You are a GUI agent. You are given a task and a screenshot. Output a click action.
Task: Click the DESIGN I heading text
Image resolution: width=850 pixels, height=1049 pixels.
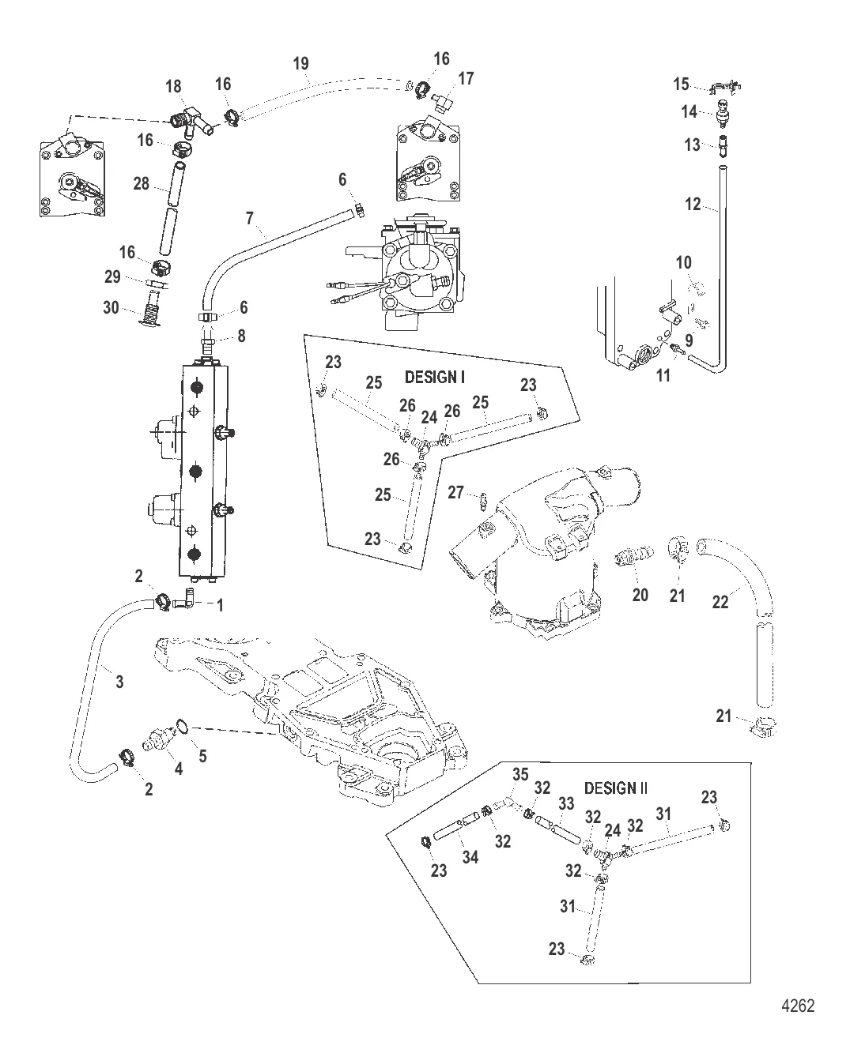(x=434, y=377)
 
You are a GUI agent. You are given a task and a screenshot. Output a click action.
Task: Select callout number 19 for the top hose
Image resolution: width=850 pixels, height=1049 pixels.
(x=300, y=63)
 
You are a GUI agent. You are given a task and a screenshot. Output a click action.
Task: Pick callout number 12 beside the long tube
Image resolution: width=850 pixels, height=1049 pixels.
(x=693, y=205)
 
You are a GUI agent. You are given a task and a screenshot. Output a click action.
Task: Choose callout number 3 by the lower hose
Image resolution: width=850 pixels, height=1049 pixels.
(x=119, y=681)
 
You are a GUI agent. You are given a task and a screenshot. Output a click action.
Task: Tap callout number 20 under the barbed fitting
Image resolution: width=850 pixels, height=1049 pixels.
(x=640, y=594)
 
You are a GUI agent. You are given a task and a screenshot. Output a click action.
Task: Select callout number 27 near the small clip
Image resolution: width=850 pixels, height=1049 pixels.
(x=456, y=493)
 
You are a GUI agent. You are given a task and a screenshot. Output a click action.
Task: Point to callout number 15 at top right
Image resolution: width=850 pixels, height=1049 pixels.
(x=682, y=85)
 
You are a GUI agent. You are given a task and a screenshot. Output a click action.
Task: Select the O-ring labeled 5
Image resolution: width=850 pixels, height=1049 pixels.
(x=182, y=725)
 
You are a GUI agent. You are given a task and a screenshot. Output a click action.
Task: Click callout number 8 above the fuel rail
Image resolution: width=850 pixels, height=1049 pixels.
(x=241, y=336)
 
